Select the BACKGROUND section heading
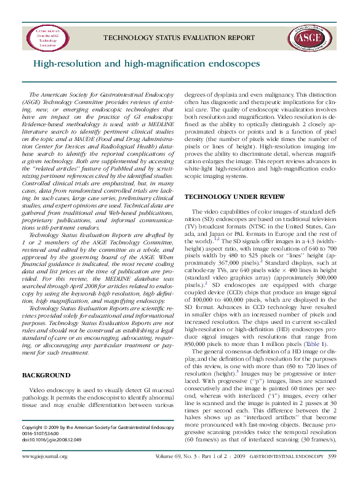[x=46, y=375]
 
